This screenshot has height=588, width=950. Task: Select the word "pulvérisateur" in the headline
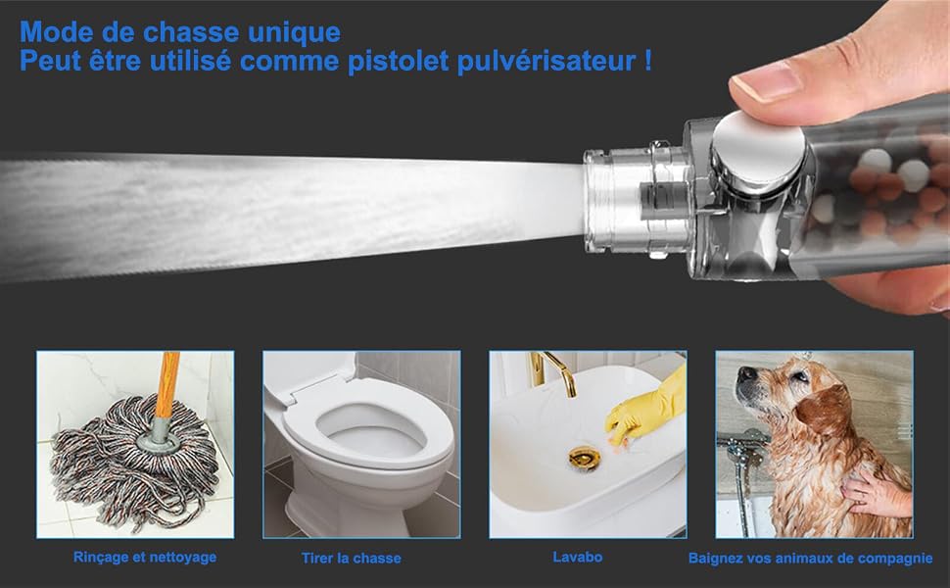(546, 62)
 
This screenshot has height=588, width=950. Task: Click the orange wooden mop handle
(166, 384)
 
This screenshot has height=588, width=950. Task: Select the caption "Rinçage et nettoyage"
(145, 557)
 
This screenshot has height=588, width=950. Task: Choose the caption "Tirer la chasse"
(352, 559)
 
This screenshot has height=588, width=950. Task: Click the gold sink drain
(585, 457)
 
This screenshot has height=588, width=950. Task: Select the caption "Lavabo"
(578, 557)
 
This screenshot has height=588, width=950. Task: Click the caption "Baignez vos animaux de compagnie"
(811, 559)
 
